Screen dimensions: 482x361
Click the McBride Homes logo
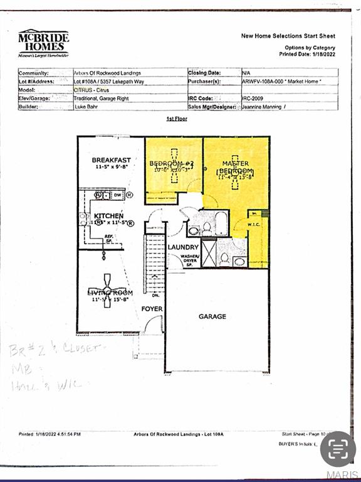[x=43, y=43]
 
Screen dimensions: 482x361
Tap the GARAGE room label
[x=212, y=317]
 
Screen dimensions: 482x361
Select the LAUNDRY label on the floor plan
[x=183, y=247]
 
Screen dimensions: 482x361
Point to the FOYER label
[x=152, y=309]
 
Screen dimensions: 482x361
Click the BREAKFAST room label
[x=111, y=160]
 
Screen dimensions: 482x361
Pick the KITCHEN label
[x=109, y=216]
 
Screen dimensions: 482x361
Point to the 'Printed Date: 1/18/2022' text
[x=307, y=54]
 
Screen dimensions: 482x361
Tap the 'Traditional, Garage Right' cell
[x=103, y=99]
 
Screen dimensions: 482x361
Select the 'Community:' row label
[x=34, y=73]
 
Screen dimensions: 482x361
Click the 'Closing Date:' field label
[x=204, y=73]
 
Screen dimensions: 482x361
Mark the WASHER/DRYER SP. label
[x=190, y=259]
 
